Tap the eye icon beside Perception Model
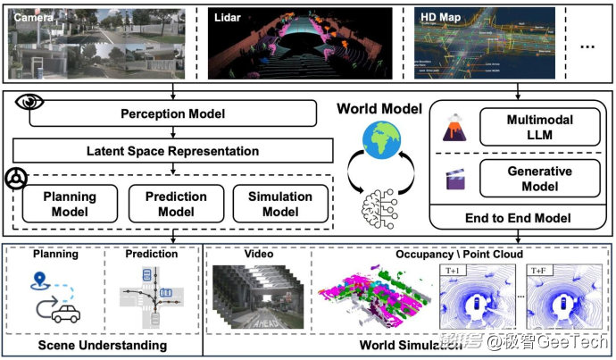click(x=30, y=101)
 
